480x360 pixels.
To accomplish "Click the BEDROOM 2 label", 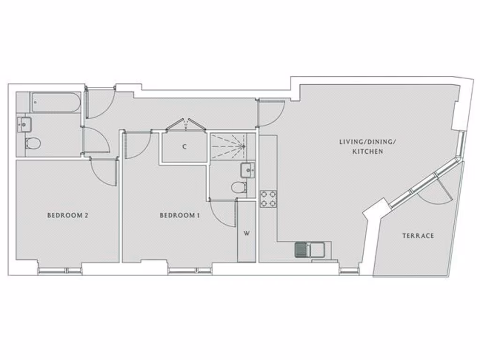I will point(68,216).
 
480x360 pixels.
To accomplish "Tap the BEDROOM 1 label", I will point(180,216).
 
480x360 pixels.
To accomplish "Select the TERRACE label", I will point(418,236).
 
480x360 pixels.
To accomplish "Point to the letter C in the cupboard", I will point(185,147).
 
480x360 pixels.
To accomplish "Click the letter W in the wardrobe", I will point(246,233).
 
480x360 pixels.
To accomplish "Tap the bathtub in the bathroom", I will point(56,103).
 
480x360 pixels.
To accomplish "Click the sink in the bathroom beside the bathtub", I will point(24,124).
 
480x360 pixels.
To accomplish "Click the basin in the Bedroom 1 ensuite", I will point(247,170).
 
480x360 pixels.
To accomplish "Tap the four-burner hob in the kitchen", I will point(269,198).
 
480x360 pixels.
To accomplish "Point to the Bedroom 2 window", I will point(60,270).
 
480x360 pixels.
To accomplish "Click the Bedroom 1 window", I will point(190,270).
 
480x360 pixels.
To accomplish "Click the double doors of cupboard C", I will point(187,124).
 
